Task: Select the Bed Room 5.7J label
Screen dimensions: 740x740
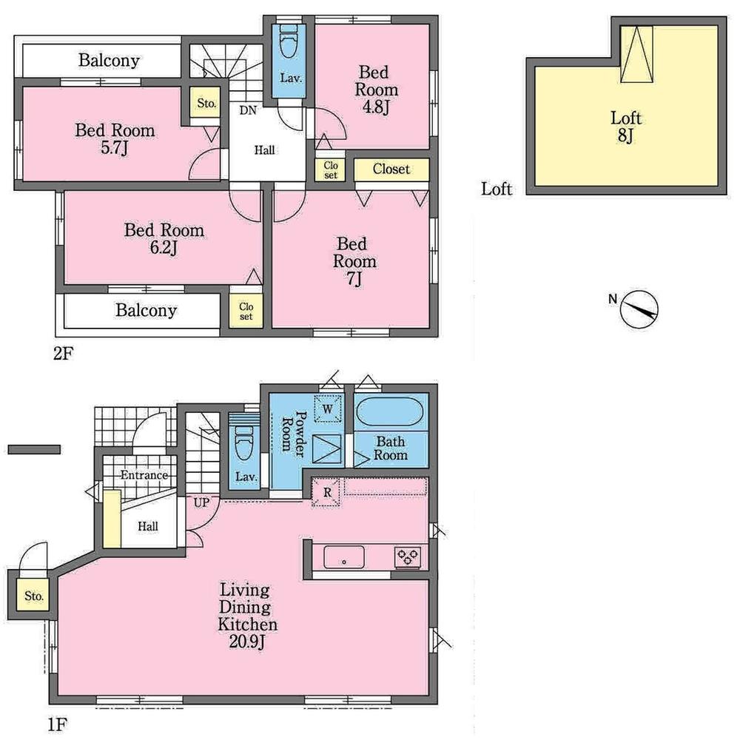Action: click(x=115, y=138)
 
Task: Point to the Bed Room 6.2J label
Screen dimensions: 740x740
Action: click(x=164, y=238)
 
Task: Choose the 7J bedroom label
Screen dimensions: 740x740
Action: click(x=354, y=261)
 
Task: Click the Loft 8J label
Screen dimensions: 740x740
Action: click(x=625, y=127)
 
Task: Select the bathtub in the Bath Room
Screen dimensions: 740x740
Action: click(x=390, y=412)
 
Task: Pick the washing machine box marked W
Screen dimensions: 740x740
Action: click(x=326, y=408)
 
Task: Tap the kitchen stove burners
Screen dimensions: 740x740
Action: click(x=407, y=556)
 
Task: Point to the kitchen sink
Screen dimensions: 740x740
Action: click(x=344, y=556)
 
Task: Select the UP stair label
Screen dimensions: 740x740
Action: click(x=201, y=502)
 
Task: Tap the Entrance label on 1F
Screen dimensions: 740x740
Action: click(x=144, y=475)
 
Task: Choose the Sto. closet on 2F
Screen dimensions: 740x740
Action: click(x=206, y=104)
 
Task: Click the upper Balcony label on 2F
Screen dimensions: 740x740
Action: click(x=109, y=61)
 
